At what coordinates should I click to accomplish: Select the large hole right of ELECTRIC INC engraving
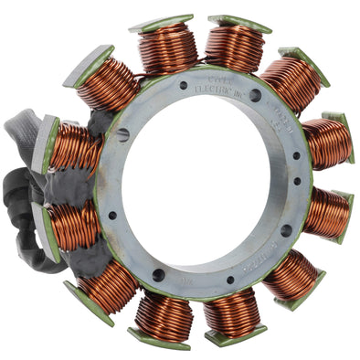(255, 95)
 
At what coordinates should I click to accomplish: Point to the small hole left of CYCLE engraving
(184, 86)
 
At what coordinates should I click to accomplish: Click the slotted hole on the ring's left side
(122, 135)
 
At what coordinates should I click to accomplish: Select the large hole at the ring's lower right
(286, 230)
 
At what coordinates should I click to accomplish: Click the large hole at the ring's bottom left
(158, 274)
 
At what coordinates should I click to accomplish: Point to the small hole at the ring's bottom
(229, 280)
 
